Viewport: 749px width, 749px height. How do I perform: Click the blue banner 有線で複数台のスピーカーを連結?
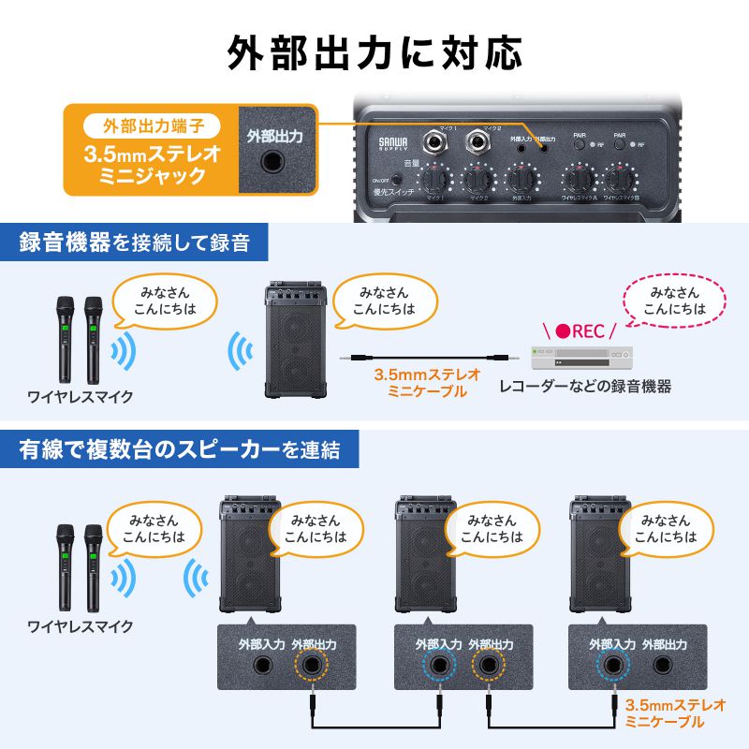pos(177,449)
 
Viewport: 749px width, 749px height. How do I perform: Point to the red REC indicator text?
pos(585,331)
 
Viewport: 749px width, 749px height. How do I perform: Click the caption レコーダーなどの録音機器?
pos(585,386)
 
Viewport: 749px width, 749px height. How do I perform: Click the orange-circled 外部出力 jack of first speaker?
pos(313,668)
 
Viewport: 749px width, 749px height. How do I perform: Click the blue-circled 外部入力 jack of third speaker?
pos(613,668)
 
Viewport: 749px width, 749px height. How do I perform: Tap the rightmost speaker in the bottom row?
pos(598,552)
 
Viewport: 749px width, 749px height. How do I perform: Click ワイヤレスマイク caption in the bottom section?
pos(80,625)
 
